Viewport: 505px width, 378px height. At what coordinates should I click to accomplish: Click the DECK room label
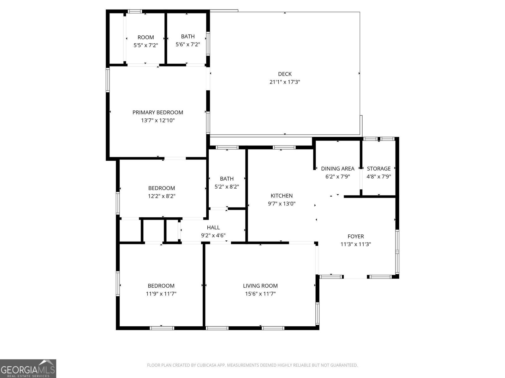[x=285, y=74]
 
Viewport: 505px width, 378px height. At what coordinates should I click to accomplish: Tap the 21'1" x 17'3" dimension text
[x=285, y=82]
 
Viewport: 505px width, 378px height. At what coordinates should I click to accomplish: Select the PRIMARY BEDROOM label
[x=157, y=112]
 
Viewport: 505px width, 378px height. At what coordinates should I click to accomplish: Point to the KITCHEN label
[x=282, y=196]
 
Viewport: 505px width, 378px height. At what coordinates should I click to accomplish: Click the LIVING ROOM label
[x=260, y=286]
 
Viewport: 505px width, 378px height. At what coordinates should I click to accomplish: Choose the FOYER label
[x=355, y=236]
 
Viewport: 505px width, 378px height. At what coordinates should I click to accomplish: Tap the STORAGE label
[x=378, y=169]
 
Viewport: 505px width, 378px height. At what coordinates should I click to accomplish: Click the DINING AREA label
[x=337, y=169]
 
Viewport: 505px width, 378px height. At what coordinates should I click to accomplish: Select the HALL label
[x=213, y=227]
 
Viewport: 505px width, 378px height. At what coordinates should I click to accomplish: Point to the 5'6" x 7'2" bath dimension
[x=188, y=44]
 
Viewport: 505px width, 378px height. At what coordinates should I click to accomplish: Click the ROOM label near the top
[x=146, y=37]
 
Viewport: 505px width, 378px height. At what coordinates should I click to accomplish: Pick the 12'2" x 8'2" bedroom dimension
[x=161, y=196]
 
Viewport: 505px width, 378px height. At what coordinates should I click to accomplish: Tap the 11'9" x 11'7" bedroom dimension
[x=161, y=294]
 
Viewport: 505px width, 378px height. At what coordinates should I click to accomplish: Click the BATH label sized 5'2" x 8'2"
[x=227, y=179]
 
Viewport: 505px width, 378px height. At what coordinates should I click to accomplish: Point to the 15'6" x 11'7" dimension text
[x=260, y=294]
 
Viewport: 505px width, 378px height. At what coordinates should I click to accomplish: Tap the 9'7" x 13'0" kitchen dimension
[x=282, y=203]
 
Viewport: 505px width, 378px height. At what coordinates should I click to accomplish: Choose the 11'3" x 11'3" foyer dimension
[x=355, y=244]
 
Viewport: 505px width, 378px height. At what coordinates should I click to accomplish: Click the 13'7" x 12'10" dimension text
[x=157, y=120]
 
